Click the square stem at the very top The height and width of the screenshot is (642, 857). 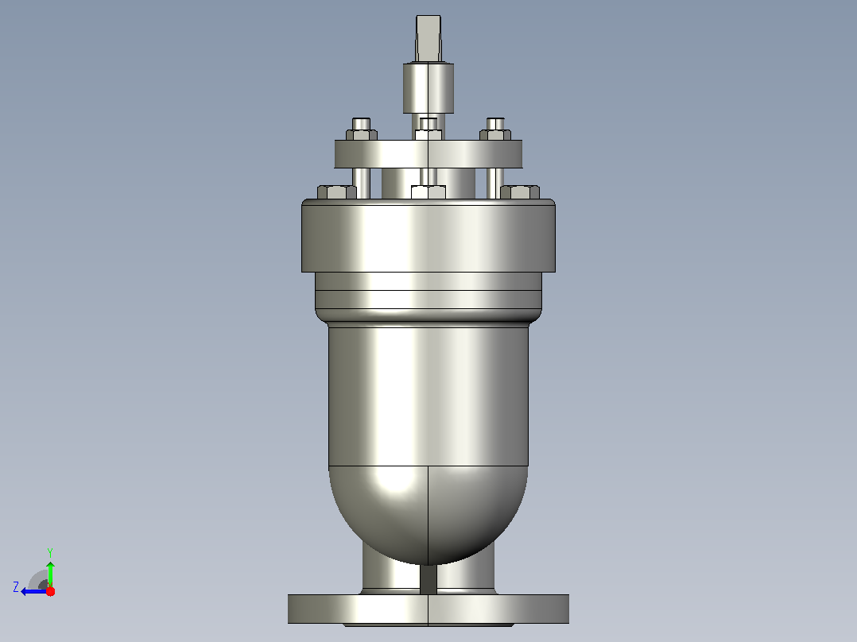pos(428,38)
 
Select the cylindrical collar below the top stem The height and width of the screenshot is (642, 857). pos(428,88)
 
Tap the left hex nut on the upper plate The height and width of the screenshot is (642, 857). pos(361,134)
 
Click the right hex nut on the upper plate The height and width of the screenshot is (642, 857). pos(495,134)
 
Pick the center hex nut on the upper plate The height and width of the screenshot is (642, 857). pos(428,134)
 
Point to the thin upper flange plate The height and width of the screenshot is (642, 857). pos(428,154)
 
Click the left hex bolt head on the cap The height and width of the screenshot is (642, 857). pos(337,191)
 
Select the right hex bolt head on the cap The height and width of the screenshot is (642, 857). pos(520,191)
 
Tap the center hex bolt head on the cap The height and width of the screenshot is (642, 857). pos(428,191)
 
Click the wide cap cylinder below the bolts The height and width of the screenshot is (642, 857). pos(428,235)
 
